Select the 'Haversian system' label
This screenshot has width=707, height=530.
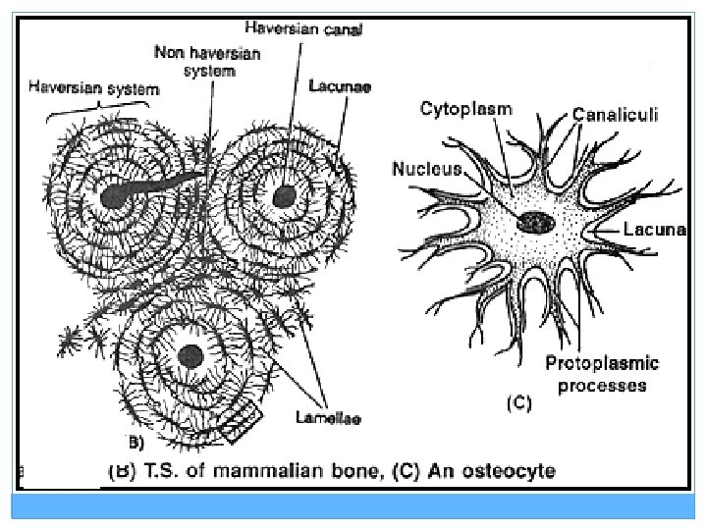[93, 88]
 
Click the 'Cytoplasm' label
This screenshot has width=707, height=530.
[466, 109]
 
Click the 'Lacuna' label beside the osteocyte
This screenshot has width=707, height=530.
[652, 229]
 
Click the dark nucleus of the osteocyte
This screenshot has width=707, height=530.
[536, 223]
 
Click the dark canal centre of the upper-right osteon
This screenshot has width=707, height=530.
[283, 194]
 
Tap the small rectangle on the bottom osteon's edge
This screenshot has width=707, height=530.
[240, 423]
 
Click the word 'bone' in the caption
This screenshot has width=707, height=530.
[333, 472]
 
